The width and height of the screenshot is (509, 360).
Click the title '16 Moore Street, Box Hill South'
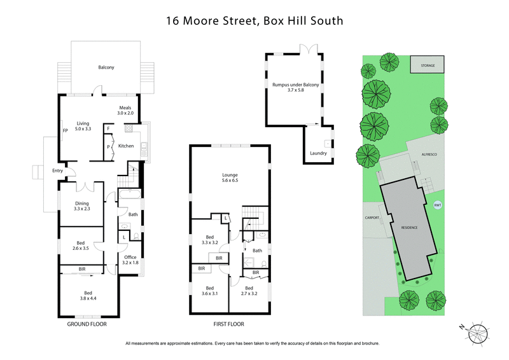(254, 20)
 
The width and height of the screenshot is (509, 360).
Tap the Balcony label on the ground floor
(106, 67)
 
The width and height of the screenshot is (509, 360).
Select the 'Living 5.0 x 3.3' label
(84, 126)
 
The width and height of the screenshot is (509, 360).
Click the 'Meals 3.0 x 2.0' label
(123, 111)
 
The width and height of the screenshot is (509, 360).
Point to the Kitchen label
(126, 146)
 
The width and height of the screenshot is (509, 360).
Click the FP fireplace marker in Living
(65, 130)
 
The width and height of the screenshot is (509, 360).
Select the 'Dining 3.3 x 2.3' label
(83, 206)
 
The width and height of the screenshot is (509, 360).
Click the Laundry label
(318, 153)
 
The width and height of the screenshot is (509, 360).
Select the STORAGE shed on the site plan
(427, 64)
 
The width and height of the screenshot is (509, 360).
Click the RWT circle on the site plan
(437, 205)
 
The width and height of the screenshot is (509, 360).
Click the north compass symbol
(477, 333)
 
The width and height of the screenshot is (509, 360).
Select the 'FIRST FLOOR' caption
(228, 324)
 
